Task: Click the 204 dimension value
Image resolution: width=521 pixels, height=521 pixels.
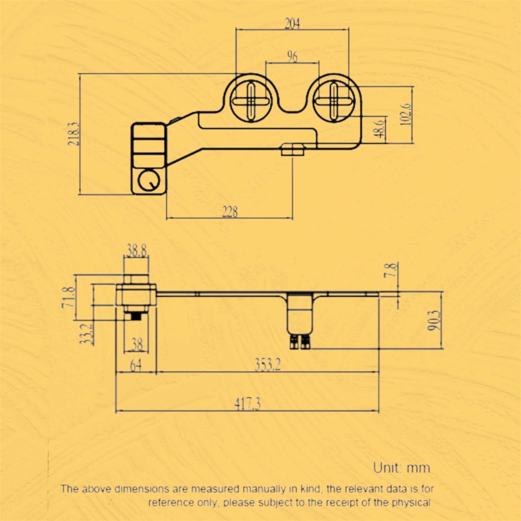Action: tap(292, 24)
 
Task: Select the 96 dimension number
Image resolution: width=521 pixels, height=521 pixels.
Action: tap(292, 57)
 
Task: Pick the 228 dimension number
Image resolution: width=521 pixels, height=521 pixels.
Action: tap(230, 212)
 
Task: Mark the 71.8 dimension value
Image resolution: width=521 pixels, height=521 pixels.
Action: tap(68, 297)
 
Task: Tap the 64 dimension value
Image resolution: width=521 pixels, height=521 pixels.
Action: tap(136, 366)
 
